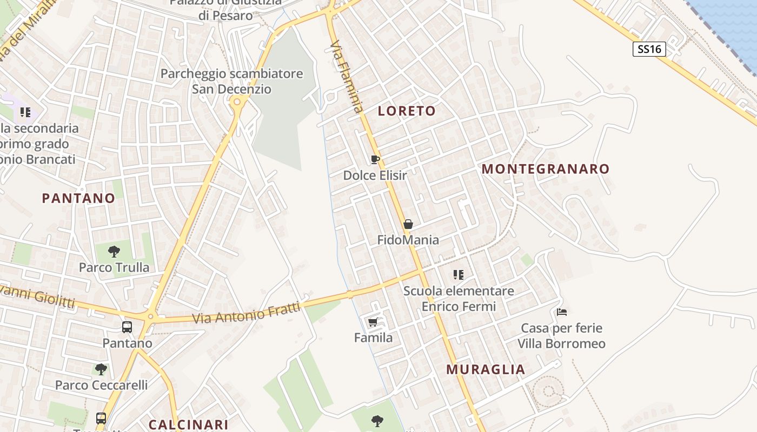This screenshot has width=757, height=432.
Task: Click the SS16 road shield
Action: [x=649, y=49]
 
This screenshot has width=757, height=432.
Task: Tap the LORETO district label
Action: [x=407, y=111]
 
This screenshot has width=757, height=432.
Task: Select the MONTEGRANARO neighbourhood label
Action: [x=546, y=169]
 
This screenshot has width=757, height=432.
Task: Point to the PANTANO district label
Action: [x=79, y=198]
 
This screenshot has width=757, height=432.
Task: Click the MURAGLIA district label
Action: [x=486, y=370]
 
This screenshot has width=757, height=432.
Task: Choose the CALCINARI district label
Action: [x=188, y=424]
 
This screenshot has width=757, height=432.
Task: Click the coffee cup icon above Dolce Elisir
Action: [x=375, y=159]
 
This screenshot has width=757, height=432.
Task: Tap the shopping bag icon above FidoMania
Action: [x=408, y=224]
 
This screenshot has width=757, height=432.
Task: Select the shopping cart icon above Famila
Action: [x=373, y=322]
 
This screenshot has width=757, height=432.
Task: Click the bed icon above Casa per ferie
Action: [x=562, y=312]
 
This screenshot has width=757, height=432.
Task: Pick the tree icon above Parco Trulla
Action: [x=114, y=251]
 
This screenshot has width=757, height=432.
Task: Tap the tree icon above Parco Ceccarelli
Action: [x=101, y=369]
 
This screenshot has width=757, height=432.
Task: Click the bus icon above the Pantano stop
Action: [x=127, y=327]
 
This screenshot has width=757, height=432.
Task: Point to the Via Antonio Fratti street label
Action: [x=246, y=314]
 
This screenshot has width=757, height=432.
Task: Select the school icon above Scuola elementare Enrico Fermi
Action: [x=459, y=275]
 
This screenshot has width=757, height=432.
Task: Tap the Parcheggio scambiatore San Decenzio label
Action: [x=231, y=81]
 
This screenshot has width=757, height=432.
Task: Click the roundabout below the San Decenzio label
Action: [x=236, y=102]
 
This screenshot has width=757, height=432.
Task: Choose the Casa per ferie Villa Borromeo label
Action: [x=561, y=336]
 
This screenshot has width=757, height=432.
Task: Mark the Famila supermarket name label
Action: [x=373, y=338]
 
